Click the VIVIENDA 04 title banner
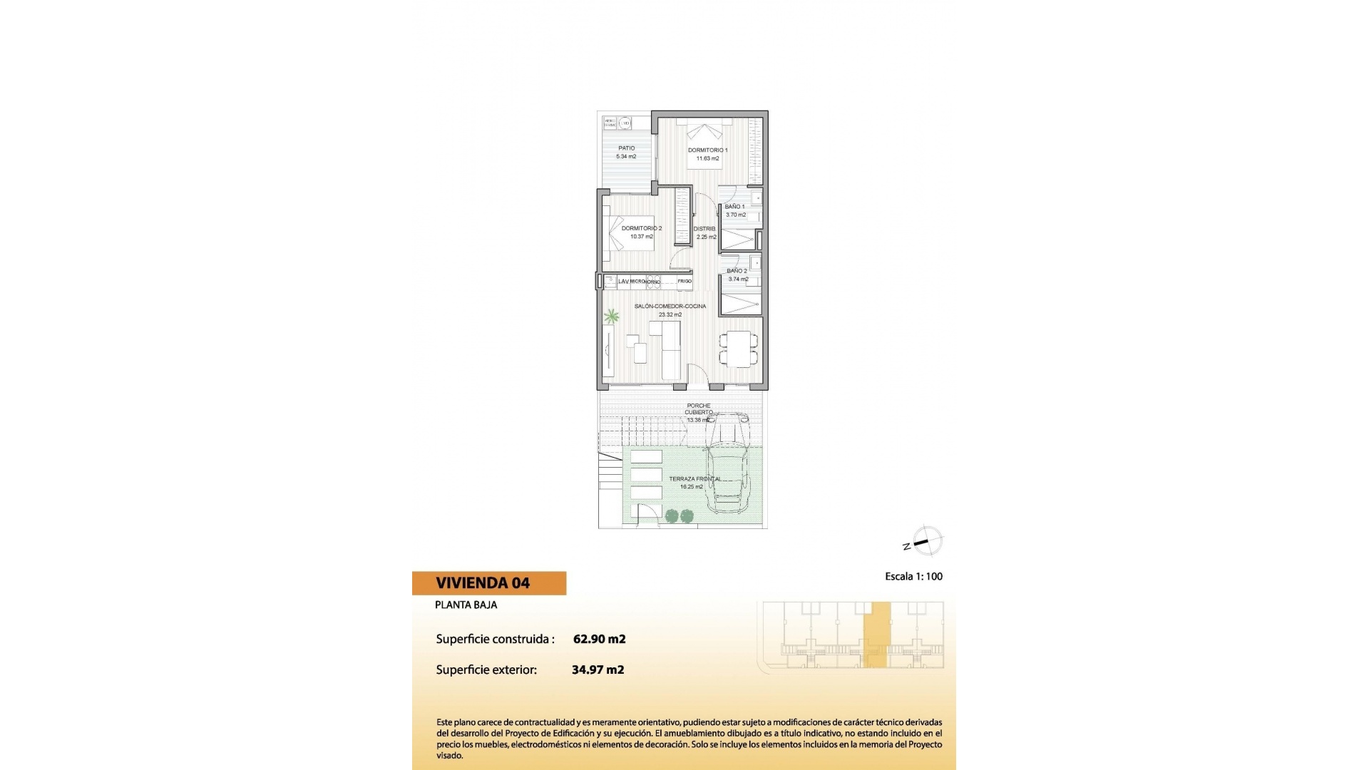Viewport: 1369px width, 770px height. (489, 583)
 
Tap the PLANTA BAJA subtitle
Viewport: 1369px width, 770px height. (466, 605)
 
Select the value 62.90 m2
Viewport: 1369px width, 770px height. (599, 639)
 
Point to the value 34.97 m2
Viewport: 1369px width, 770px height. (598, 669)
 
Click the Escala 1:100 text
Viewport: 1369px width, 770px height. (913, 576)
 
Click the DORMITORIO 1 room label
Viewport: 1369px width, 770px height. (707, 150)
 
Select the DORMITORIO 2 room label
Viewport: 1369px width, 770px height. (641, 228)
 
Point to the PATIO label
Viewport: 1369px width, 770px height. (626, 148)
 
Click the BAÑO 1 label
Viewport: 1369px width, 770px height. (734, 207)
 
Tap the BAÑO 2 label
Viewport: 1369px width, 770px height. (737, 271)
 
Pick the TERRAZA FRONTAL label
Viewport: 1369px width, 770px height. (694, 479)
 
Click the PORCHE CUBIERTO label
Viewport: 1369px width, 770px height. (698, 409)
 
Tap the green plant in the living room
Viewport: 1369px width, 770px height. (611, 315)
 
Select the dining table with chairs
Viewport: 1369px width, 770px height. (739, 349)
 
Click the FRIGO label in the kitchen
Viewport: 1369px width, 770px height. (684, 282)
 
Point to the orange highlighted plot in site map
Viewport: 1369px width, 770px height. (877, 635)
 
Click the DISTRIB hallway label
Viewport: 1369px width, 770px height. (704, 229)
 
